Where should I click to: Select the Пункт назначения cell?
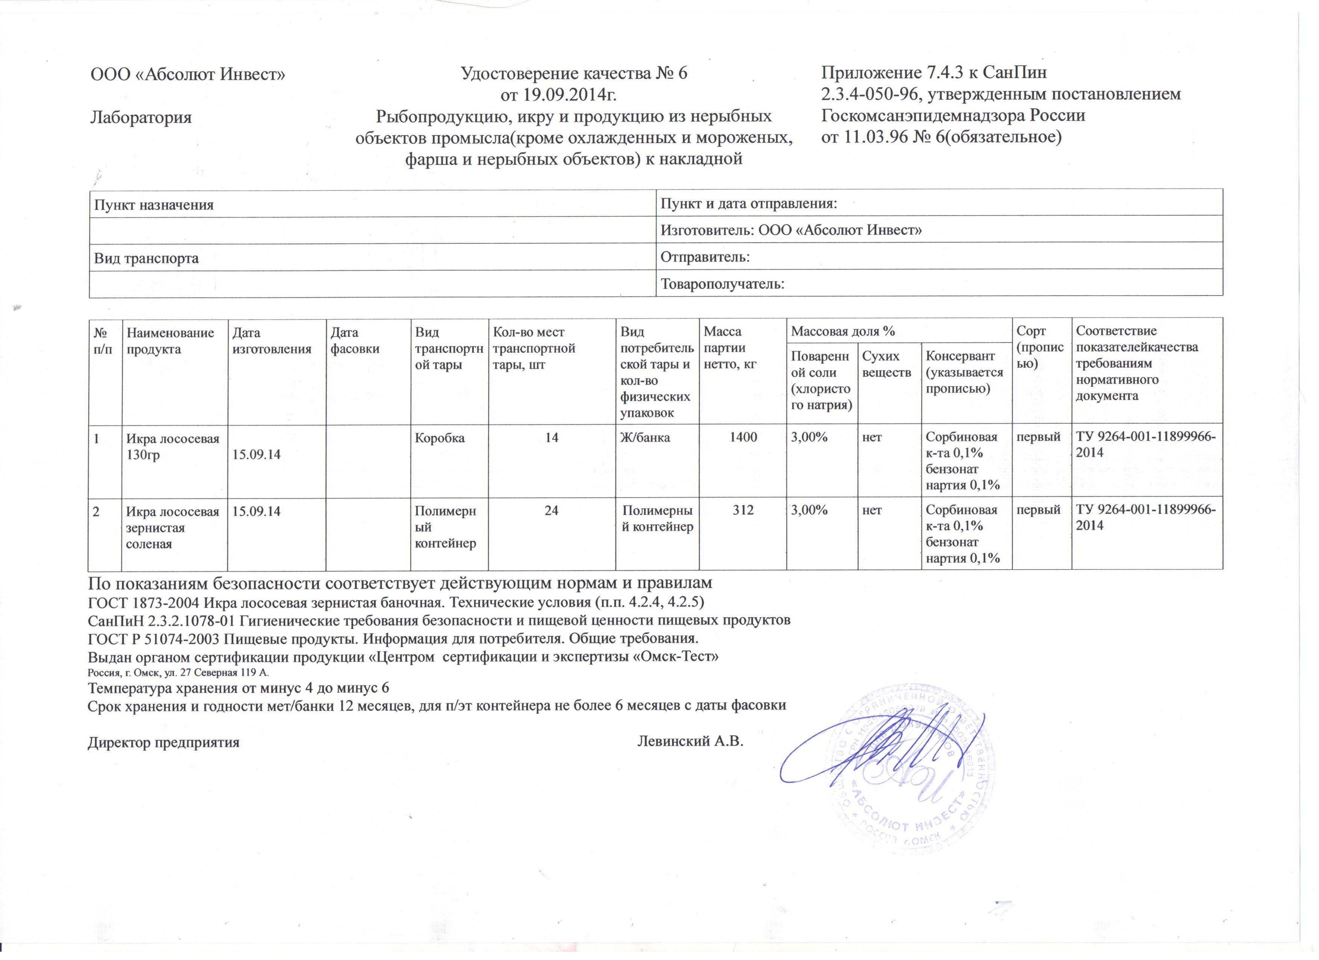click(x=154, y=205)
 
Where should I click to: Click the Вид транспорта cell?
click(x=147, y=258)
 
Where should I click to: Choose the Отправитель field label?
click(x=705, y=257)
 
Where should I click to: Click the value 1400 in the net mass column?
click(x=743, y=437)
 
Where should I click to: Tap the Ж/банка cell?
click(x=645, y=437)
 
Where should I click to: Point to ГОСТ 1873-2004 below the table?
click(x=144, y=600)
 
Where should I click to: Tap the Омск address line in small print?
click(x=178, y=673)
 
